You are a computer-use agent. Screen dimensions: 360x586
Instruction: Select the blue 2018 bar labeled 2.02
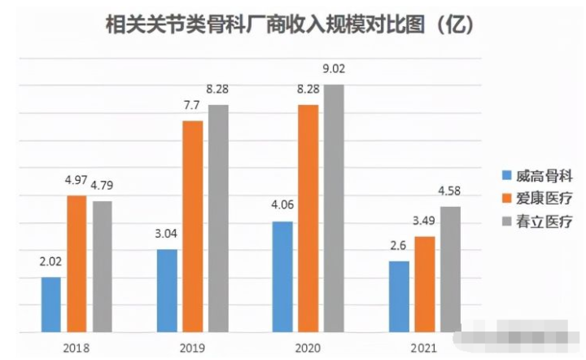pos(50,305)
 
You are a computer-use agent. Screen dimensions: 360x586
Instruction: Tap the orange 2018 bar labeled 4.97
pos(76,264)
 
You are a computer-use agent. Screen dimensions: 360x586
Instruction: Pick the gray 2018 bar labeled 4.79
pos(102,266)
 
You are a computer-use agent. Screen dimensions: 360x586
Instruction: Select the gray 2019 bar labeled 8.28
pos(218,218)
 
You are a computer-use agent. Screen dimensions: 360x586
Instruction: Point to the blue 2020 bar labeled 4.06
pos(282,277)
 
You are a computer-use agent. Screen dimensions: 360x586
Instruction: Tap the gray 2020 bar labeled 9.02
pos(333,209)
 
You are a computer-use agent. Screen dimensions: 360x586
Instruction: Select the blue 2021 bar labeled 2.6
pos(399,296)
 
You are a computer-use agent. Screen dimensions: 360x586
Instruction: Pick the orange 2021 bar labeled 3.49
pos(424,284)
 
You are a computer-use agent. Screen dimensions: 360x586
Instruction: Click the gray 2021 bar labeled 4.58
pos(449,270)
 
